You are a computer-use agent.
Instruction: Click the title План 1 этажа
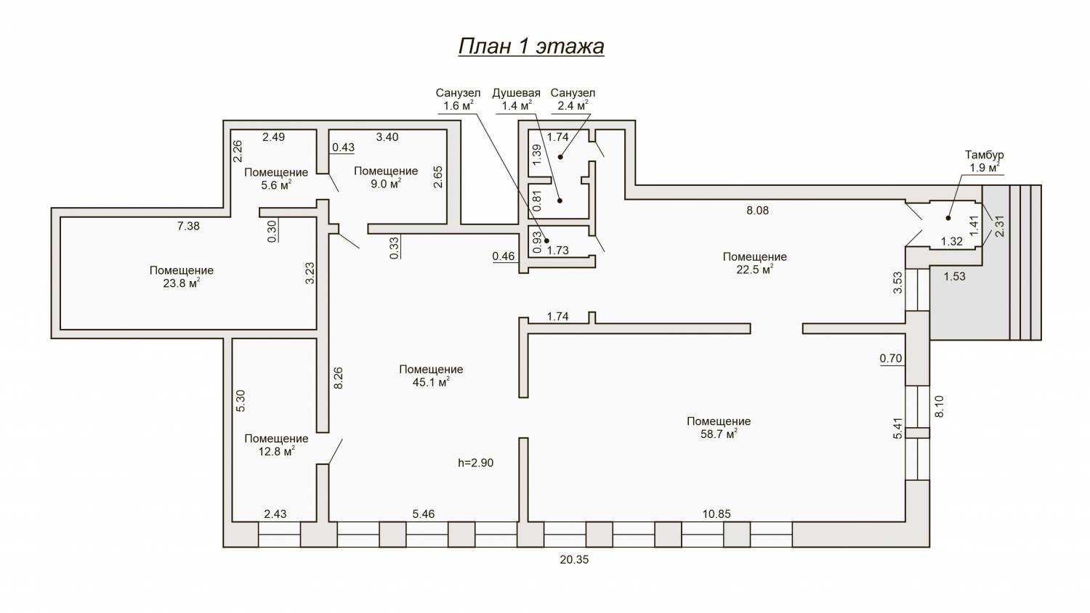[531, 46]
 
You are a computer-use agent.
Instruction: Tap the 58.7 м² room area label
[719, 434]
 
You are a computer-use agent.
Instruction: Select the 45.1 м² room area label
[431, 382]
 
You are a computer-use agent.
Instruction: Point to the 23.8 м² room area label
[181, 283]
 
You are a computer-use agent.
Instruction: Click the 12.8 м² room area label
[276, 451]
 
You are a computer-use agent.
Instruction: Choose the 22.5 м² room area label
[754, 269]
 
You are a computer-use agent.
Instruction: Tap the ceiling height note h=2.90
[475, 463]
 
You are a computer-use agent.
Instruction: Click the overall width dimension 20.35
[574, 560]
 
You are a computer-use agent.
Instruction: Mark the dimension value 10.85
[716, 513]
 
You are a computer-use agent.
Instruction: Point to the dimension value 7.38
[188, 226]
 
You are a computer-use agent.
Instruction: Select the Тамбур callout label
[985, 155]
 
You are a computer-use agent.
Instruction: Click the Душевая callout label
[516, 92]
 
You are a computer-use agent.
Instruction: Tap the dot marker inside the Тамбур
[948, 218]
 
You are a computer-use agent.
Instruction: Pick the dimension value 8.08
[758, 210]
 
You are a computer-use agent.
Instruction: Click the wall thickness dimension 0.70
[891, 358]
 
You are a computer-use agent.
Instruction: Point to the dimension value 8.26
[339, 378]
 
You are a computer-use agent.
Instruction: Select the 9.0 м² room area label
[385, 184]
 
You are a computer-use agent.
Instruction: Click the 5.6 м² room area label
[276, 184]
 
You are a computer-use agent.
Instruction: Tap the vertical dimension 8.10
[939, 406]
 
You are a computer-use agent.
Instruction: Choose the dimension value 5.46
[424, 513]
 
